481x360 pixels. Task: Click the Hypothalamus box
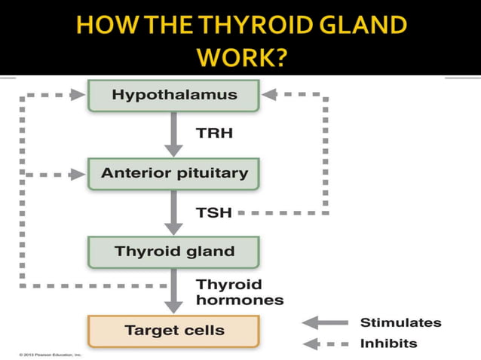point(174,96)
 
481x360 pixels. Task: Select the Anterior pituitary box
point(174,173)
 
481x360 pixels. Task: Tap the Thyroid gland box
point(174,251)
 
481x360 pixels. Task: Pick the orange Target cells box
point(174,330)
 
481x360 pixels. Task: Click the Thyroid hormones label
point(239,291)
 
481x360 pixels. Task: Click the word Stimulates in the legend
point(401,322)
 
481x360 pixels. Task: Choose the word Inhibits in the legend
point(388,343)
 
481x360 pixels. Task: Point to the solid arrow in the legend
point(325,323)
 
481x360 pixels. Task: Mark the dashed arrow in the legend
point(325,344)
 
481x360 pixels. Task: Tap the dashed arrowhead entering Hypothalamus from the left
point(78,95)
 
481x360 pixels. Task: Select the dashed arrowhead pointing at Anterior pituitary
point(78,174)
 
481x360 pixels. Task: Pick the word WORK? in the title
point(240,57)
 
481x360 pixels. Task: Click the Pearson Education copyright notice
point(45,353)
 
